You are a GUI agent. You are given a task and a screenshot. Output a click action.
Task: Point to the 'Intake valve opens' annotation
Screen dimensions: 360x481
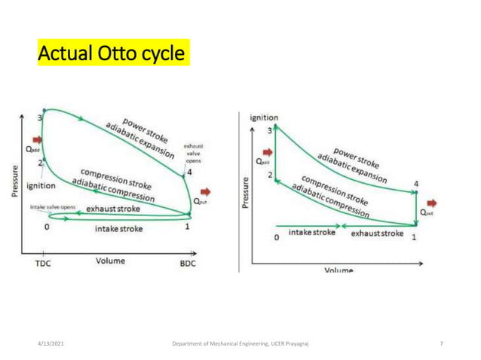click(x=51, y=204)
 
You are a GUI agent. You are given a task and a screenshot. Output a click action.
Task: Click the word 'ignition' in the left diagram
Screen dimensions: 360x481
click(x=39, y=185)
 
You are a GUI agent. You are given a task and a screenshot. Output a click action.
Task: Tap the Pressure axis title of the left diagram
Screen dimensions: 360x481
click(x=16, y=178)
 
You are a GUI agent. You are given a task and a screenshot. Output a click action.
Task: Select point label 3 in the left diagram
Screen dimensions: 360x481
click(x=38, y=118)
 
